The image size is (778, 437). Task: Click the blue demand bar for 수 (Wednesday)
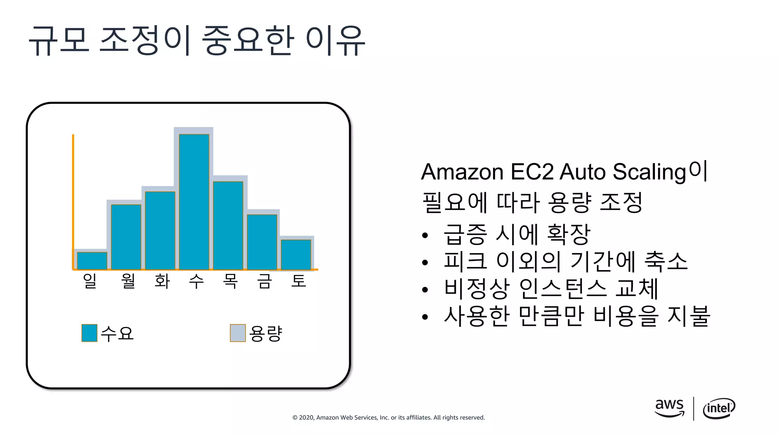194,202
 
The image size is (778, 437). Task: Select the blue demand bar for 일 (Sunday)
92,261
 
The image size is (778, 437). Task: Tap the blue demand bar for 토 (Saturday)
296,255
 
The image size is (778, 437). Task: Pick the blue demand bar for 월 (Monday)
126,237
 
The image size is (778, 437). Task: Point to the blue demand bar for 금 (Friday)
262,242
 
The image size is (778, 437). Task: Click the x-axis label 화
162,281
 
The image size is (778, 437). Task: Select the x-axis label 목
230,281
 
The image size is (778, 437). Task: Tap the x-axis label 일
90,281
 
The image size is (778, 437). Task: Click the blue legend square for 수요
89,333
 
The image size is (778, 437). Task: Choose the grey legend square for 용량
238,333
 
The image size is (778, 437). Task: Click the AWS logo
669,408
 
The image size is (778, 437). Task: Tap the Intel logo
719,409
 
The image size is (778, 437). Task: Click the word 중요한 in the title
248,40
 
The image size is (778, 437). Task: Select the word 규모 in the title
59,40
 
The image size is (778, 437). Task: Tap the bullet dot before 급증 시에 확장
425,236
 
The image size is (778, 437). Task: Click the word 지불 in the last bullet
688,316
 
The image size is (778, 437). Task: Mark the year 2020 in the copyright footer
306,418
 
